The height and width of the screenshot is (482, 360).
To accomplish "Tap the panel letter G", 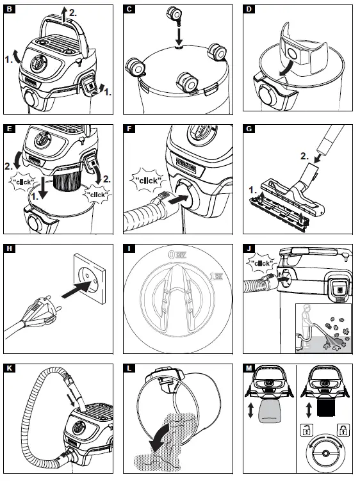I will coord(252,129).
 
